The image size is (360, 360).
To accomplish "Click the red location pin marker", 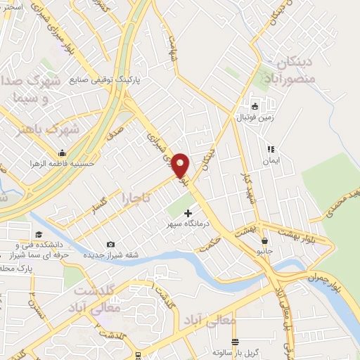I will pyautogui.click(x=181, y=166).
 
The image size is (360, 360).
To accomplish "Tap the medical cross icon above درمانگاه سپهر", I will pyautogui.click(x=188, y=212).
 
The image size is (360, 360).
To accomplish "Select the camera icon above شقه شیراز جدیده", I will pyautogui.click(x=110, y=243).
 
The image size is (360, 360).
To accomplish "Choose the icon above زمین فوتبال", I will pyautogui.click(x=255, y=107).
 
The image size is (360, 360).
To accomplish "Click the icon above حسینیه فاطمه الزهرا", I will pyautogui.click(x=63, y=153).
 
